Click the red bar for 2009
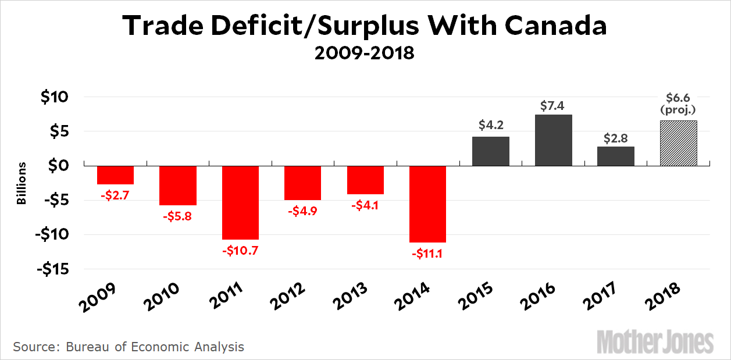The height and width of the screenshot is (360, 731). pyautogui.click(x=115, y=174)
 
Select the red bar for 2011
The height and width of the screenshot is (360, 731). pyautogui.click(x=240, y=202)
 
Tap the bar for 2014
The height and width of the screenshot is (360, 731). pyautogui.click(x=427, y=204)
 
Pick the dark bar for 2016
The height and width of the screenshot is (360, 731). pyautogui.click(x=553, y=140)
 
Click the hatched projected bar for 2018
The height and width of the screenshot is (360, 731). pyautogui.click(x=678, y=143)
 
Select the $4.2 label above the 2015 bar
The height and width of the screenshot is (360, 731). pyautogui.click(x=491, y=124)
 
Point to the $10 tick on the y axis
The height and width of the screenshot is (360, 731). pyautogui.click(x=54, y=97)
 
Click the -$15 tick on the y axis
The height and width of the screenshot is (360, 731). pyautogui.click(x=52, y=269)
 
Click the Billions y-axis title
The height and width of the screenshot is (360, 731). pyautogui.click(x=22, y=183)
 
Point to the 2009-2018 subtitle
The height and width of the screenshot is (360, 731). pyautogui.click(x=365, y=54)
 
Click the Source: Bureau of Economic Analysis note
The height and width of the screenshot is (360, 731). pyautogui.click(x=129, y=347)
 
